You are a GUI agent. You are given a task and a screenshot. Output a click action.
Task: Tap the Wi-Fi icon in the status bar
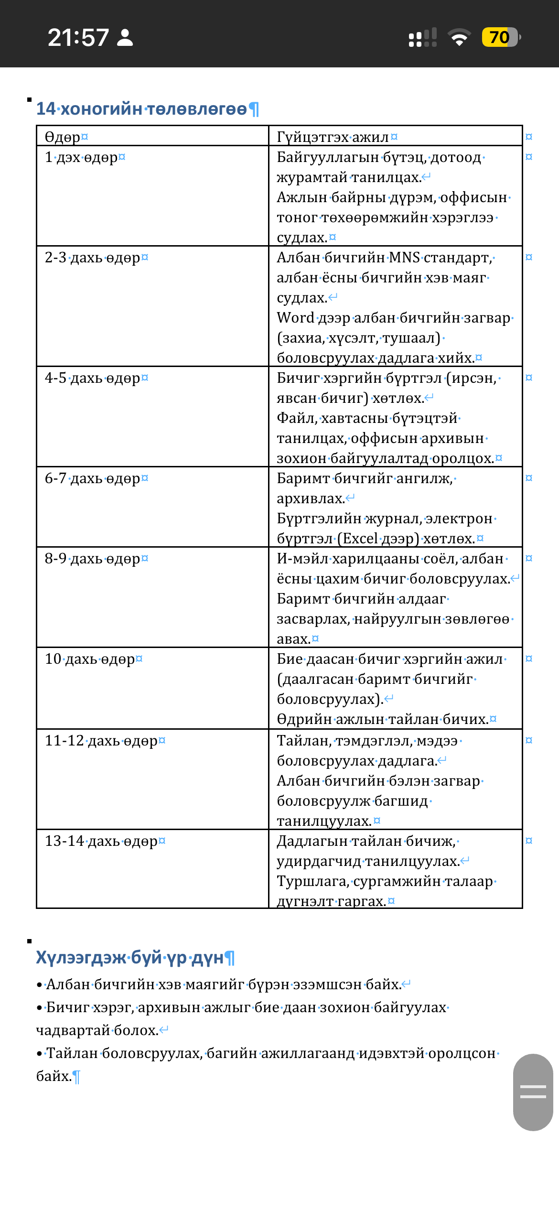459,37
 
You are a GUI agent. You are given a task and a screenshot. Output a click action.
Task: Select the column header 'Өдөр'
63,137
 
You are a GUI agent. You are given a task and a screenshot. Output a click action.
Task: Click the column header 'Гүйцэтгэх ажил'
333,137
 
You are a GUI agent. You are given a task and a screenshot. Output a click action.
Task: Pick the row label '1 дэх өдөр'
81,157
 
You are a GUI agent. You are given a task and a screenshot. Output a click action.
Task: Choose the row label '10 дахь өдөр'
90,659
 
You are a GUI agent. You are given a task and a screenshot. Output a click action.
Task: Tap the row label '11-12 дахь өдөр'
101,741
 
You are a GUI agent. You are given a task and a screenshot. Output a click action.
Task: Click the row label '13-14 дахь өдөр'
101,841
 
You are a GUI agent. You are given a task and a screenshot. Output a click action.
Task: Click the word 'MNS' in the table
404,258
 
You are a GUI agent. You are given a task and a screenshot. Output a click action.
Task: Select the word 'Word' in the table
295,318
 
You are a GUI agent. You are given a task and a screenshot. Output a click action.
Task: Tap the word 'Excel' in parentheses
360,539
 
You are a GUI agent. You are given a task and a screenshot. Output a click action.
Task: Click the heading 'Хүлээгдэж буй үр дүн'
130,958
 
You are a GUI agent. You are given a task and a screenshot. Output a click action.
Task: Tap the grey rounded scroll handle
533,1092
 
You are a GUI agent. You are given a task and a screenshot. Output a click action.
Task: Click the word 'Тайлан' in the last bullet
72,1053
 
